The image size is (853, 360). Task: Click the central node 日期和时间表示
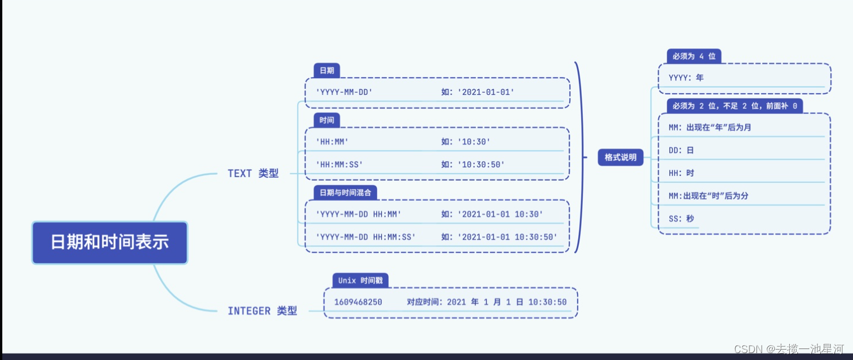pos(110,242)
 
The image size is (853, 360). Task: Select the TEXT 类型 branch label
pos(253,173)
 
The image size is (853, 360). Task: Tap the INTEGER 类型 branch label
pos(262,311)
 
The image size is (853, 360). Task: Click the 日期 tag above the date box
pos(326,70)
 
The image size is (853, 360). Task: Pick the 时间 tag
pos(326,120)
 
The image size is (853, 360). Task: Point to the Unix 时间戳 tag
pos(360,281)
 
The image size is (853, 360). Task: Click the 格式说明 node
pos(620,157)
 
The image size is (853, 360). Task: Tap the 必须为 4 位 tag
pos(694,56)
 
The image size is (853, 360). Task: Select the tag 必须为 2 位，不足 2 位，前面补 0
pos(735,106)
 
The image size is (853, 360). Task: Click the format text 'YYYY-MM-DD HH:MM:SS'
pos(366,237)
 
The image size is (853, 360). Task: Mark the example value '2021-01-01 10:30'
pos(499,214)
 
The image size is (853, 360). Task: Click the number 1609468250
pos(358,302)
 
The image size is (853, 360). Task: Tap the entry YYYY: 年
pos(686,77)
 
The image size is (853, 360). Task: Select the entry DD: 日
pos(681,150)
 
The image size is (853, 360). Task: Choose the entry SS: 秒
pos(681,219)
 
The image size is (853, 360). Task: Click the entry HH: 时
pos(681,173)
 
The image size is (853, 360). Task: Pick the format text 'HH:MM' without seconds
pos(332,141)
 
